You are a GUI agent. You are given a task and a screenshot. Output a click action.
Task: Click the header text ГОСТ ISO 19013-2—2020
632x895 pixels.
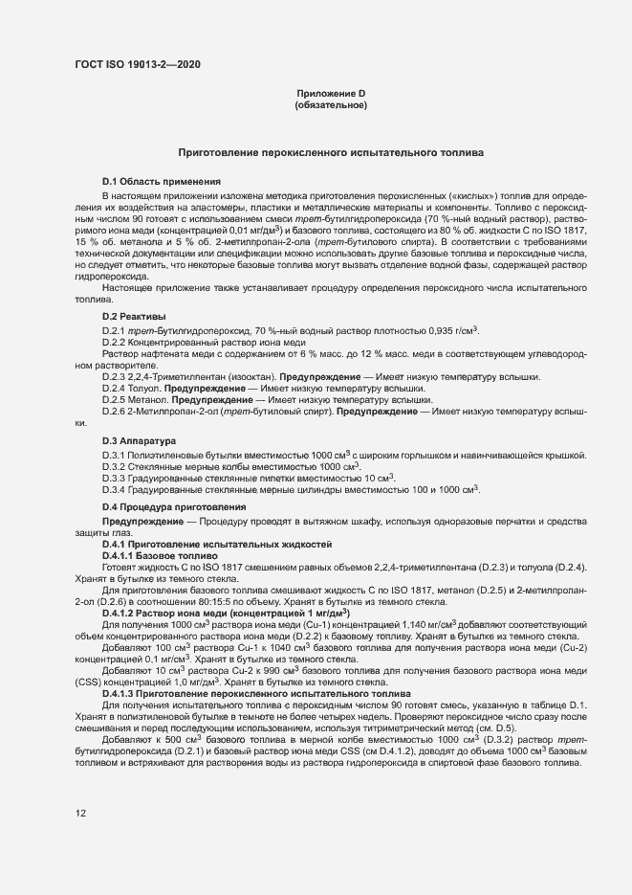[x=138, y=64]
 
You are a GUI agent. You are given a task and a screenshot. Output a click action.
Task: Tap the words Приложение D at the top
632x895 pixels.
[x=332, y=93]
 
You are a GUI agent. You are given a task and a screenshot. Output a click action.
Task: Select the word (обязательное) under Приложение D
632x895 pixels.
[x=332, y=104]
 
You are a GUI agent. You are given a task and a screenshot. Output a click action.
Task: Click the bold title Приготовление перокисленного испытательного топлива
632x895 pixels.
[x=331, y=152]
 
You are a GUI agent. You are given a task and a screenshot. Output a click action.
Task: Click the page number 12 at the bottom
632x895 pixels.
[x=80, y=814]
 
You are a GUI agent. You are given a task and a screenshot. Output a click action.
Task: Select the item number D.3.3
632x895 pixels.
[x=115, y=478]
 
